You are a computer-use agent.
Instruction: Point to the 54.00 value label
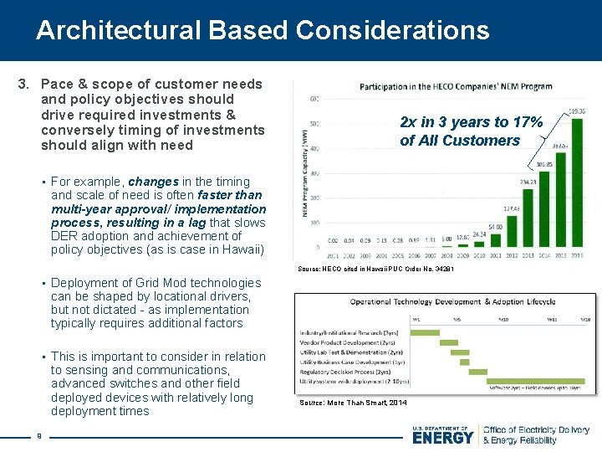pyautogui.click(x=495, y=226)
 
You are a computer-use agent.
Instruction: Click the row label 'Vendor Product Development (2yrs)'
pyautogui.click(x=343, y=343)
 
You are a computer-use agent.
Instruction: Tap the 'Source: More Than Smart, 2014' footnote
pyautogui.click(x=353, y=403)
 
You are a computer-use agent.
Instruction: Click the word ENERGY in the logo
pyautogui.click(x=443, y=437)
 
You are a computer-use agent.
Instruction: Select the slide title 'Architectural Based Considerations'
pyautogui.click(x=263, y=30)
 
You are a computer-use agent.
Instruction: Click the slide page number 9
pyautogui.click(x=39, y=434)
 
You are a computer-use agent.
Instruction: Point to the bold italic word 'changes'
pyautogui.click(x=153, y=182)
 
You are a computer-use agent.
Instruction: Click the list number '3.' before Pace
pyautogui.click(x=25, y=84)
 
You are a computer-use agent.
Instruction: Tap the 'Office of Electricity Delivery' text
pyautogui.click(x=536, y=430)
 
